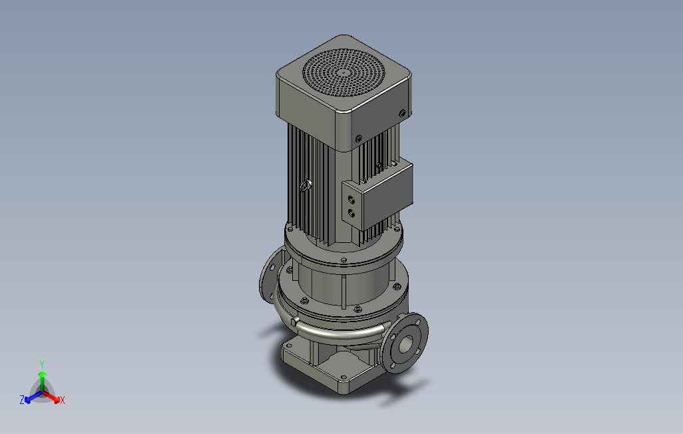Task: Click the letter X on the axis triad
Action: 63,400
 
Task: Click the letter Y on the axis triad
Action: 42,364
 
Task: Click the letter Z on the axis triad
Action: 22,399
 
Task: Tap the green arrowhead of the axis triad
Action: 42,375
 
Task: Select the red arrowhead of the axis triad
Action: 57,399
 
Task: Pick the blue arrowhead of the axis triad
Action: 28,399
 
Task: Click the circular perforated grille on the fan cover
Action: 343,73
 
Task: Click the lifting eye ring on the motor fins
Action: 305,186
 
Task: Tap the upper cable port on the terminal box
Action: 351,200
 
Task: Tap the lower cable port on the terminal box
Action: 351,213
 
